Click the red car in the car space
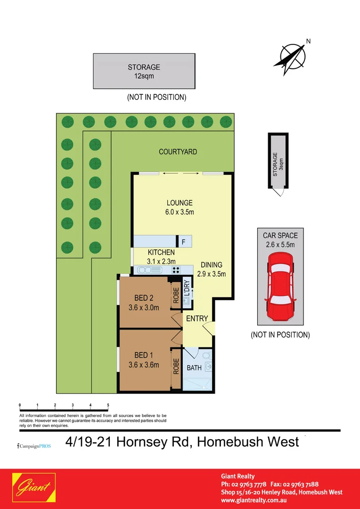[x=280, y=287]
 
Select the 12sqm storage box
[x=144, y=71]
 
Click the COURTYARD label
[x=178, y=152]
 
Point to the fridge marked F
[x=183, y=242]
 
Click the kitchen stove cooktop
[x=176, y=270]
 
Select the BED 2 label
[x=144, y=298]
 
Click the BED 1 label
[x=144, y=355]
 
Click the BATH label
[x=194, y=368]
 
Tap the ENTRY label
[x=197, y=319]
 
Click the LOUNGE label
[x=179, y=203]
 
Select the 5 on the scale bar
[x=108, y=405]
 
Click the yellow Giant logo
[x=34, y=488]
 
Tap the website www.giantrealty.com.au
[x=254, y=500]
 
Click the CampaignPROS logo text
[x=34, y=445]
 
